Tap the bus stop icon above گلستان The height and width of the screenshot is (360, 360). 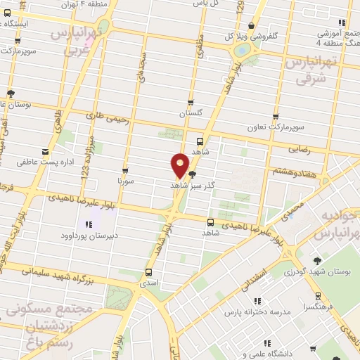pos(191,103)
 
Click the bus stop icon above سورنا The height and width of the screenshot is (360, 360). pos(125,171)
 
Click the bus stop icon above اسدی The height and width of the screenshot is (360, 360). pos(148,272)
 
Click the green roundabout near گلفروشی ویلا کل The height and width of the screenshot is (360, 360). pos(241,49)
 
